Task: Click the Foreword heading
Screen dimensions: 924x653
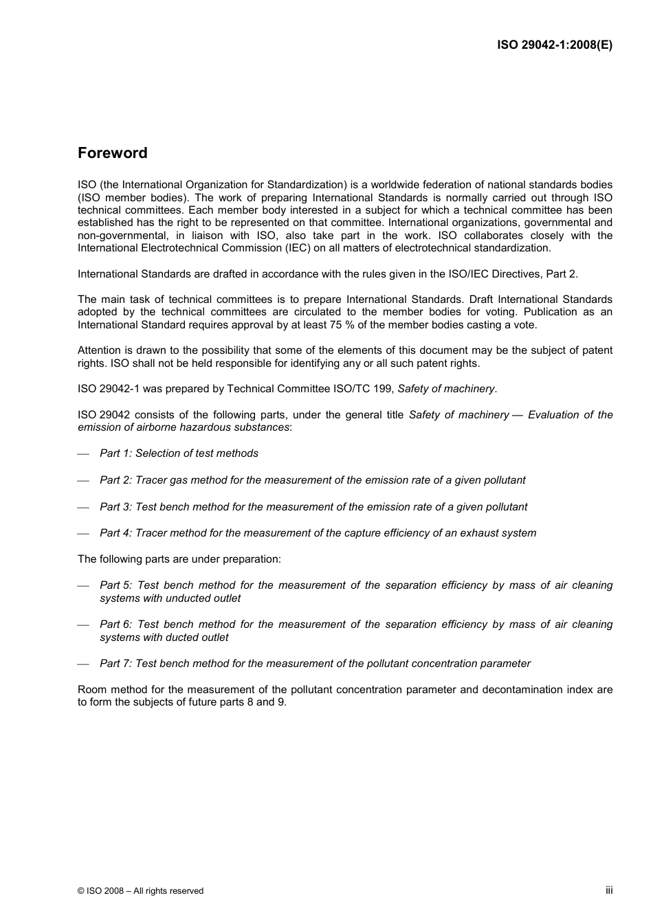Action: coord(112,153)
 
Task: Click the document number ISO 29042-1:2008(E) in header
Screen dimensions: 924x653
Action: coord(554,45)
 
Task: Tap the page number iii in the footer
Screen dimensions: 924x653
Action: coord(608,890)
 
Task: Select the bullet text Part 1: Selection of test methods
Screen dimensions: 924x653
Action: coord(179,453)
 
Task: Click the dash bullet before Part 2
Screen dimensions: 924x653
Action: coord(84,481)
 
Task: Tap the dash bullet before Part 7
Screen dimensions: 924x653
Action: coord(84,664)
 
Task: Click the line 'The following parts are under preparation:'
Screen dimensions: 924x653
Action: coord(179,559)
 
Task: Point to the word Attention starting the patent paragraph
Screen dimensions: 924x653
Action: coord(99,350)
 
